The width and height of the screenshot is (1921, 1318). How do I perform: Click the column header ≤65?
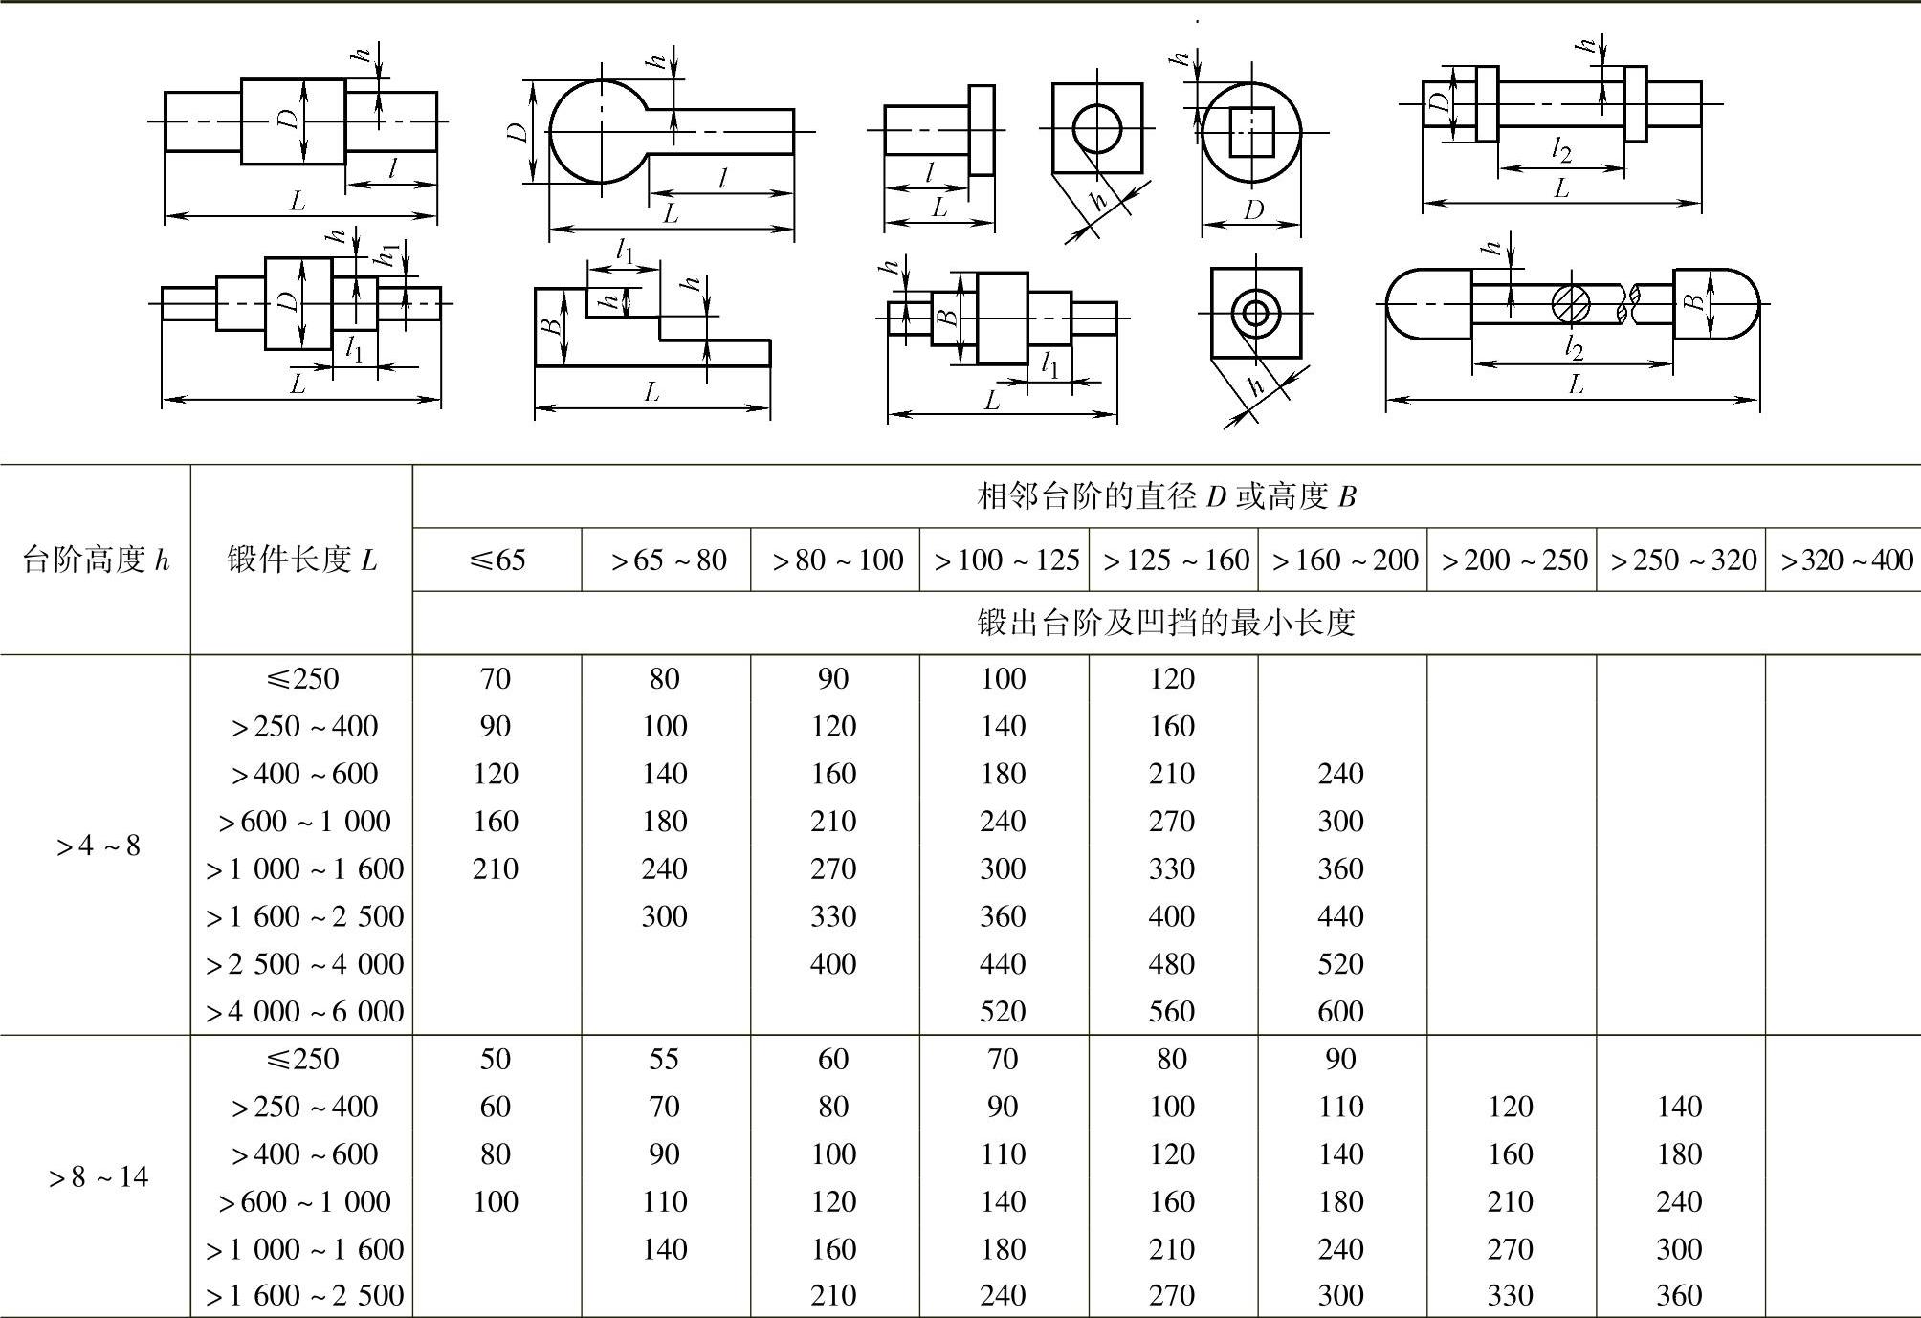pos(497,560)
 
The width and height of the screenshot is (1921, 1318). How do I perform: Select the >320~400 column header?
pos(1845,560)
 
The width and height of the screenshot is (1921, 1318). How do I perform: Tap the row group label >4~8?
pos(98,846)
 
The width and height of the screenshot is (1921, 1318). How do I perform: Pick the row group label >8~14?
pos(98,1176)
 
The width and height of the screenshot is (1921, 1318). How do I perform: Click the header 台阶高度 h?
pos(95,560)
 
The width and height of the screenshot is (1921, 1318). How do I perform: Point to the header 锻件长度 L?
pos(301,560)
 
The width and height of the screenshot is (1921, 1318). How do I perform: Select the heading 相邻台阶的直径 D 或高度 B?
pos(1166,496)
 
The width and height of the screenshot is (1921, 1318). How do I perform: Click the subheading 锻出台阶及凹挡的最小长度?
pos(1166,623)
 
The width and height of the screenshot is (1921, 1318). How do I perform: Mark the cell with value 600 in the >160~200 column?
pos(1340,1011)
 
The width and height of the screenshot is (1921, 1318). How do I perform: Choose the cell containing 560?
pos(1172,1011)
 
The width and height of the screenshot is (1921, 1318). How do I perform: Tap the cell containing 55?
pos(664,1059)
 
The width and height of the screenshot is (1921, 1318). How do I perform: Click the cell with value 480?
pos(1172,963)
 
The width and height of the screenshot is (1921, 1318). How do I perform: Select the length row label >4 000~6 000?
pos(304,1011)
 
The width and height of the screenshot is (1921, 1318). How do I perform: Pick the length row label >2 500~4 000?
pos(304,963)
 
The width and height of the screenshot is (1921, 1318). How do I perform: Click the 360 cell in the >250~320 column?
pos(1679,1295)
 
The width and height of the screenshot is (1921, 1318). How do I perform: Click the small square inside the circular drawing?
pos(1251,131)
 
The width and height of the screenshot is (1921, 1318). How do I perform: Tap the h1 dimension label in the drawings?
pos(386,255)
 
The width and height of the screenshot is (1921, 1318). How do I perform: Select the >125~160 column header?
pos(1176,560)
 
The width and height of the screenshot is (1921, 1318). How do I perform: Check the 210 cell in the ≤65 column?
pos(496,868)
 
